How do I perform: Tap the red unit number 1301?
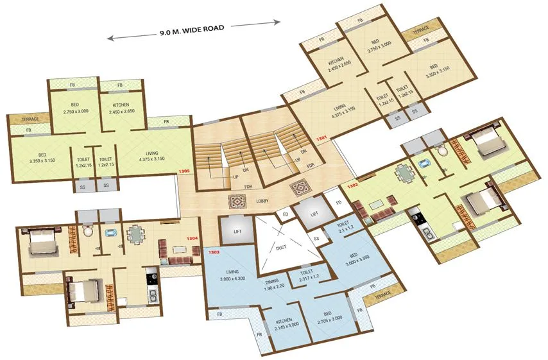[x=321, y=137]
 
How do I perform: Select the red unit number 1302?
[x=352, y=186]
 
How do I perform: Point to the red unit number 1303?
[x=214, y=253]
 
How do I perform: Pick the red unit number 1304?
[x=191, y=239]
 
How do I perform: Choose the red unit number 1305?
[x=185, y=172]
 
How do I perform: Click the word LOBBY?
[x=262, y=201]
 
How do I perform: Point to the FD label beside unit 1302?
[x=339, y=204]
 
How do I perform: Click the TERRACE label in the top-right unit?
[x=421, y=30]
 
